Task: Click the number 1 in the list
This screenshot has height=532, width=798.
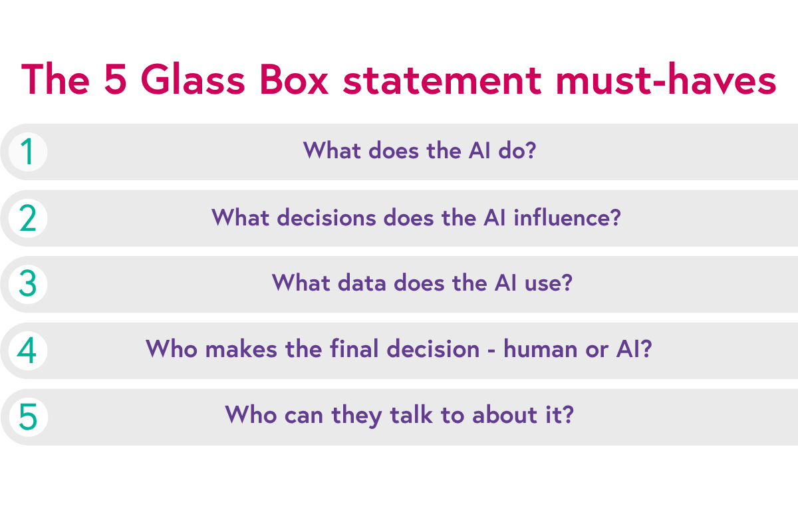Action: click(x=27, y=152)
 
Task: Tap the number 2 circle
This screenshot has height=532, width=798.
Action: click(x=27, y=218)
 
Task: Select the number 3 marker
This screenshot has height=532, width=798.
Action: click(x=27, y=284)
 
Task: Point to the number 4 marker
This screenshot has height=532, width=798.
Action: click(x=27, y=350)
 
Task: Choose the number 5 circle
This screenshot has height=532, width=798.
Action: click(x=27, y=417)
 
